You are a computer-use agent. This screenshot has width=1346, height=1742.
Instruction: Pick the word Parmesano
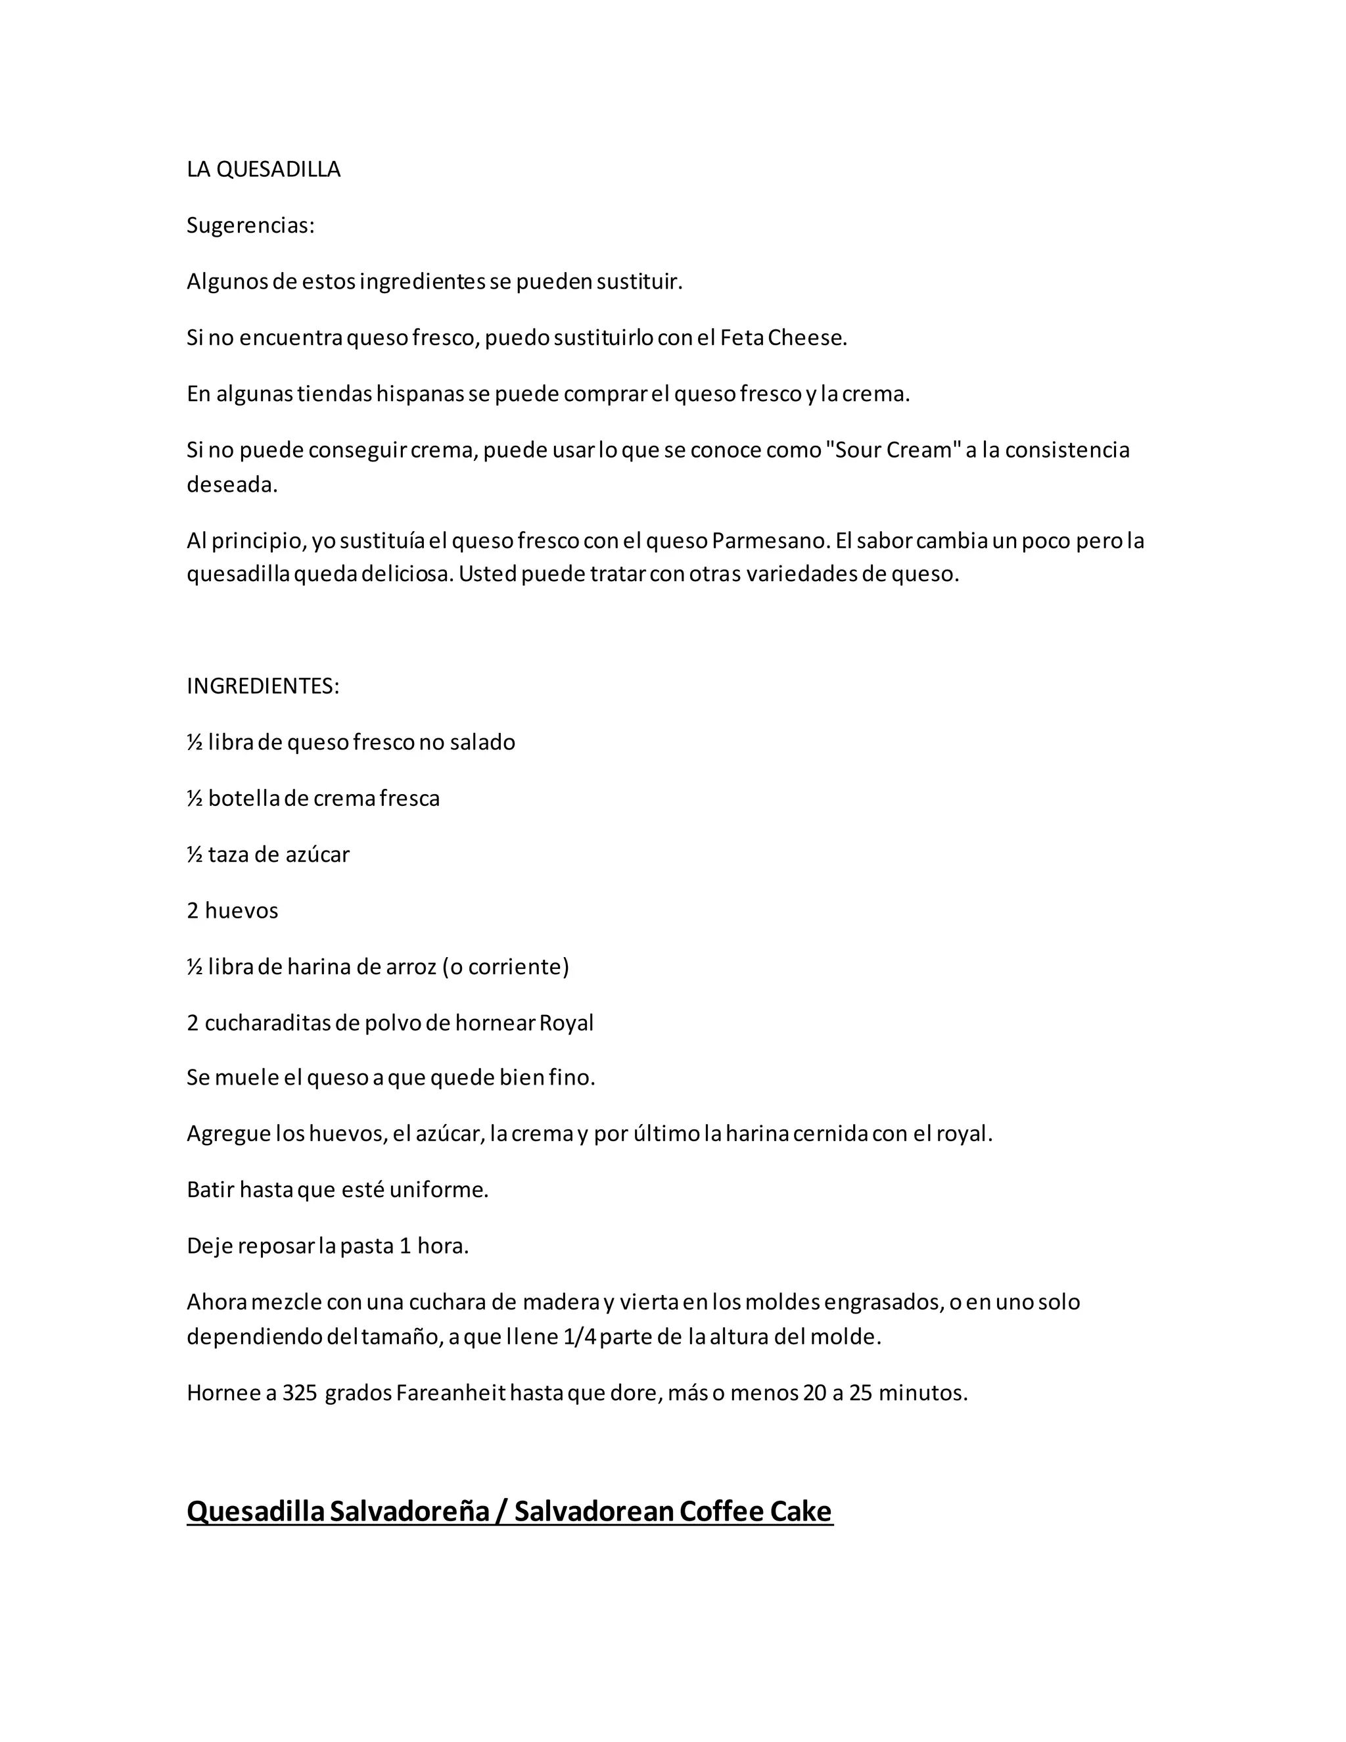point(770,541)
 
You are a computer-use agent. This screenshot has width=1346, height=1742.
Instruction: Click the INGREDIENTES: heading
point(262,686)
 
